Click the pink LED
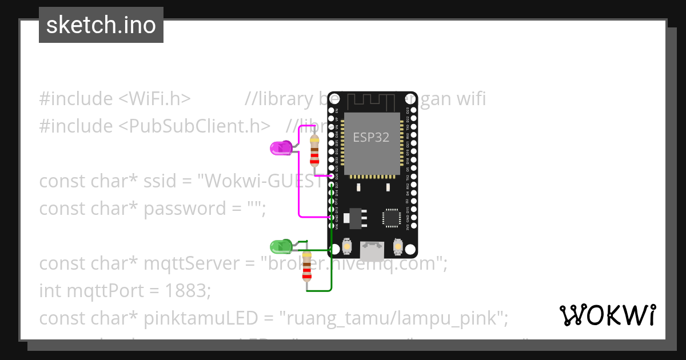[280, 149]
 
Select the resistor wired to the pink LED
[314, 150]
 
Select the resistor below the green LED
[307, 267]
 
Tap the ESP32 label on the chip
[370, 138]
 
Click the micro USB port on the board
[373, 249]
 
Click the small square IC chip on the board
[392, 217]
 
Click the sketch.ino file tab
[101, 25]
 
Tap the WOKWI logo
[607, 315]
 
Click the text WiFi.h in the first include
[154, 99]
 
